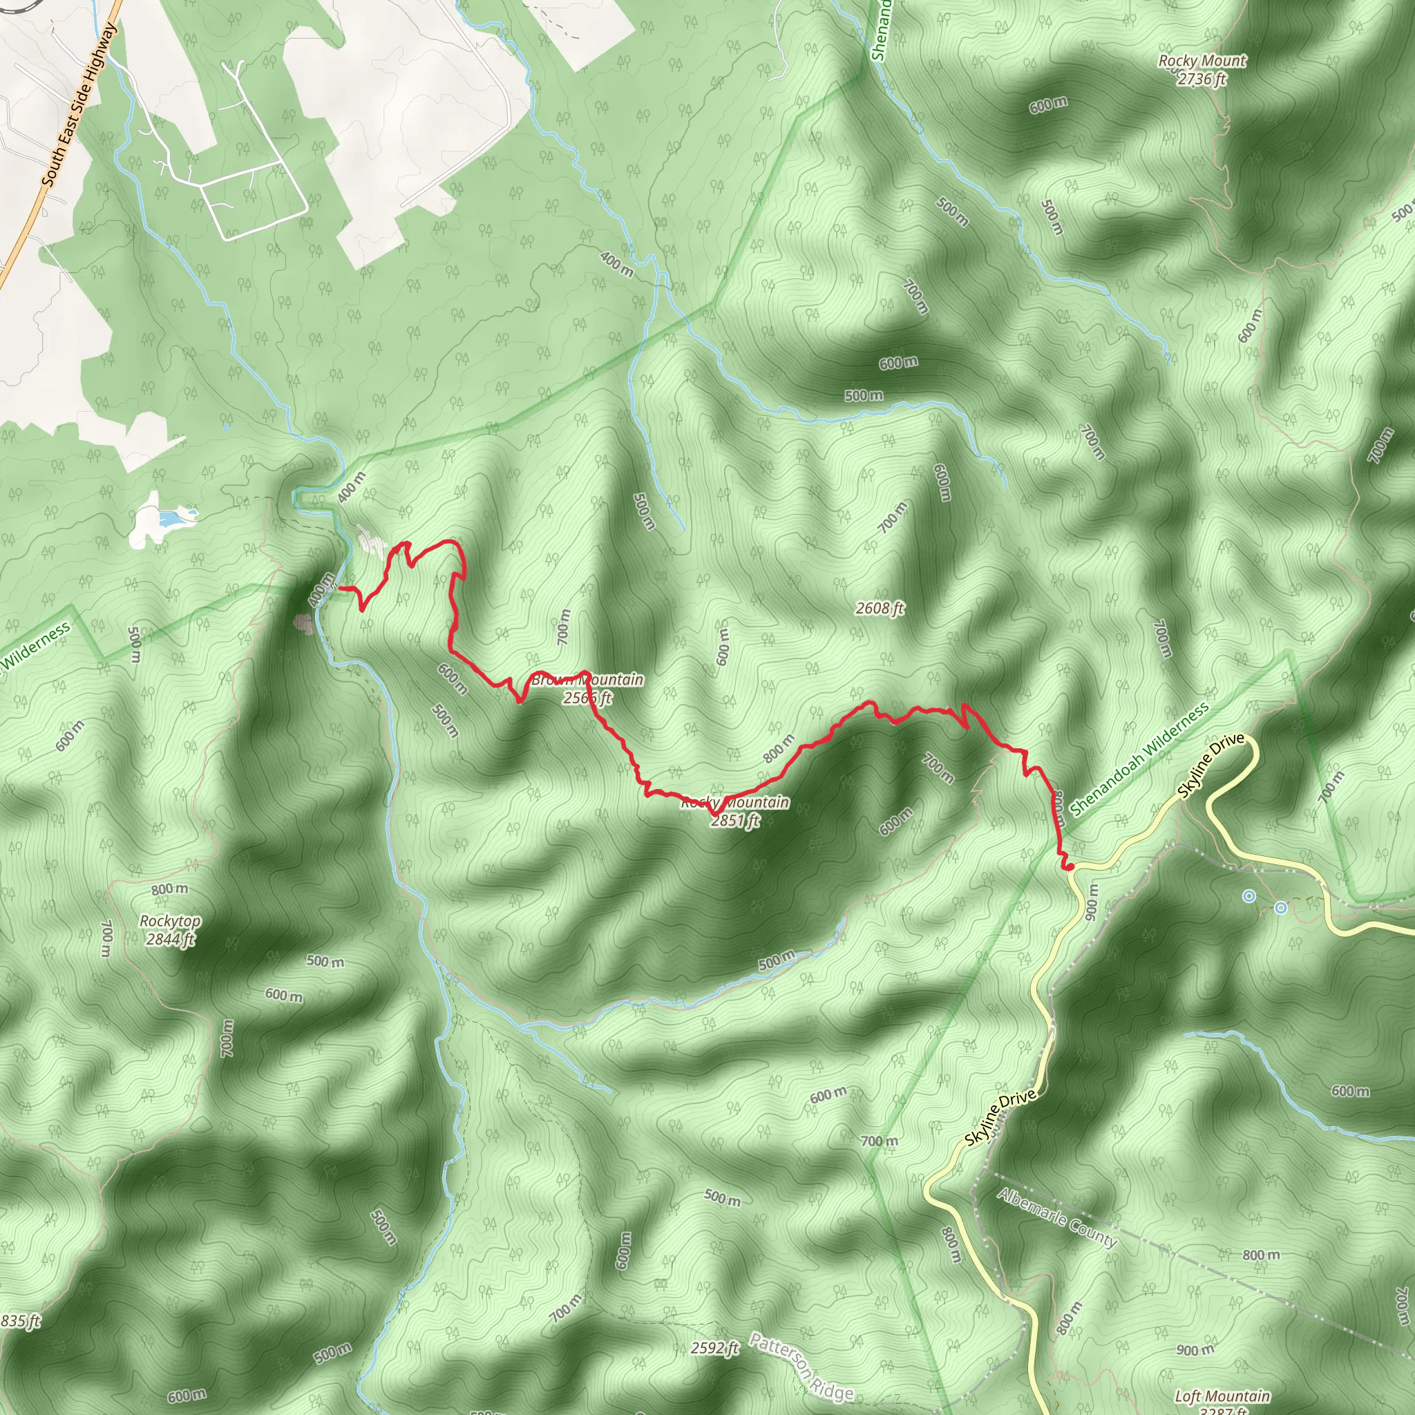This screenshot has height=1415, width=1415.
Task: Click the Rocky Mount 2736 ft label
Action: [1202, 70]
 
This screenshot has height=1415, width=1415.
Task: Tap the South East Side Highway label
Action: [78, 104]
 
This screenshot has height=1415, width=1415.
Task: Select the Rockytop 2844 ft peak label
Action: [170, 929]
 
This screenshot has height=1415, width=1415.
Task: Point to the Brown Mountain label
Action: [587, 680]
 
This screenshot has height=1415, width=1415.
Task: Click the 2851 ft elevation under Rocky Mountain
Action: [734, 820]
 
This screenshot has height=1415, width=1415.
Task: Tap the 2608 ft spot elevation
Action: [880, 608]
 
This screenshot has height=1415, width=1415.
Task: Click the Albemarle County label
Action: [1057, 1218]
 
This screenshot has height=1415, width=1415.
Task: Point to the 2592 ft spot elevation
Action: [715, 1347]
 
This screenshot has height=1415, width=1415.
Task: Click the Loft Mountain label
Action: [1222, 1396]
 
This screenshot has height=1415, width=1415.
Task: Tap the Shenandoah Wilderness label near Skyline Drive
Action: [1139, 759]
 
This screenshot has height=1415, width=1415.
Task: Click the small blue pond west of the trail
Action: [172, 520]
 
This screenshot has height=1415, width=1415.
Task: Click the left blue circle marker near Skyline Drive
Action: [1249, 895]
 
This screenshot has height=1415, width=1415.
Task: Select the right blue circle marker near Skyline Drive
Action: [1281, 908]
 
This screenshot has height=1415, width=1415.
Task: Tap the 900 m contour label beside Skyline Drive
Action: [1091, 902]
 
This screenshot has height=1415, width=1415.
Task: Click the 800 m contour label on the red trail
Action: [778, 748]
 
